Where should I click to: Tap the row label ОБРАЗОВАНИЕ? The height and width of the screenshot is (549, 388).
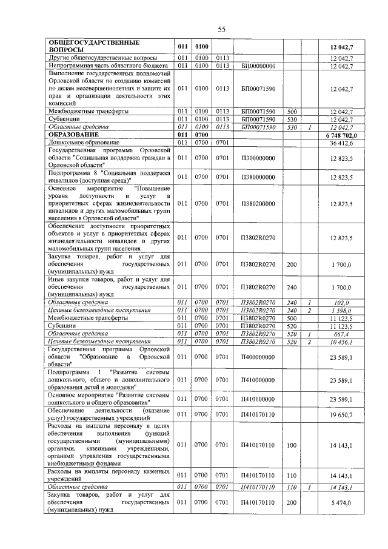point(73,135)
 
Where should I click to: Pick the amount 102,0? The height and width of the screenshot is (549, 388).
point(343,302)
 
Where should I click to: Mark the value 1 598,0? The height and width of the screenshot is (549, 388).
point(342,310)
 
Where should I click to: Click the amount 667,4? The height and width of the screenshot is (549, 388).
point(343,334)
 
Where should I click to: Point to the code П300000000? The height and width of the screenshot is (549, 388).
point(258,158)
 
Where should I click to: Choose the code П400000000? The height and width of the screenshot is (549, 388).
point(258,357)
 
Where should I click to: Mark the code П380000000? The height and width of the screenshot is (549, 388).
point(258,177)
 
